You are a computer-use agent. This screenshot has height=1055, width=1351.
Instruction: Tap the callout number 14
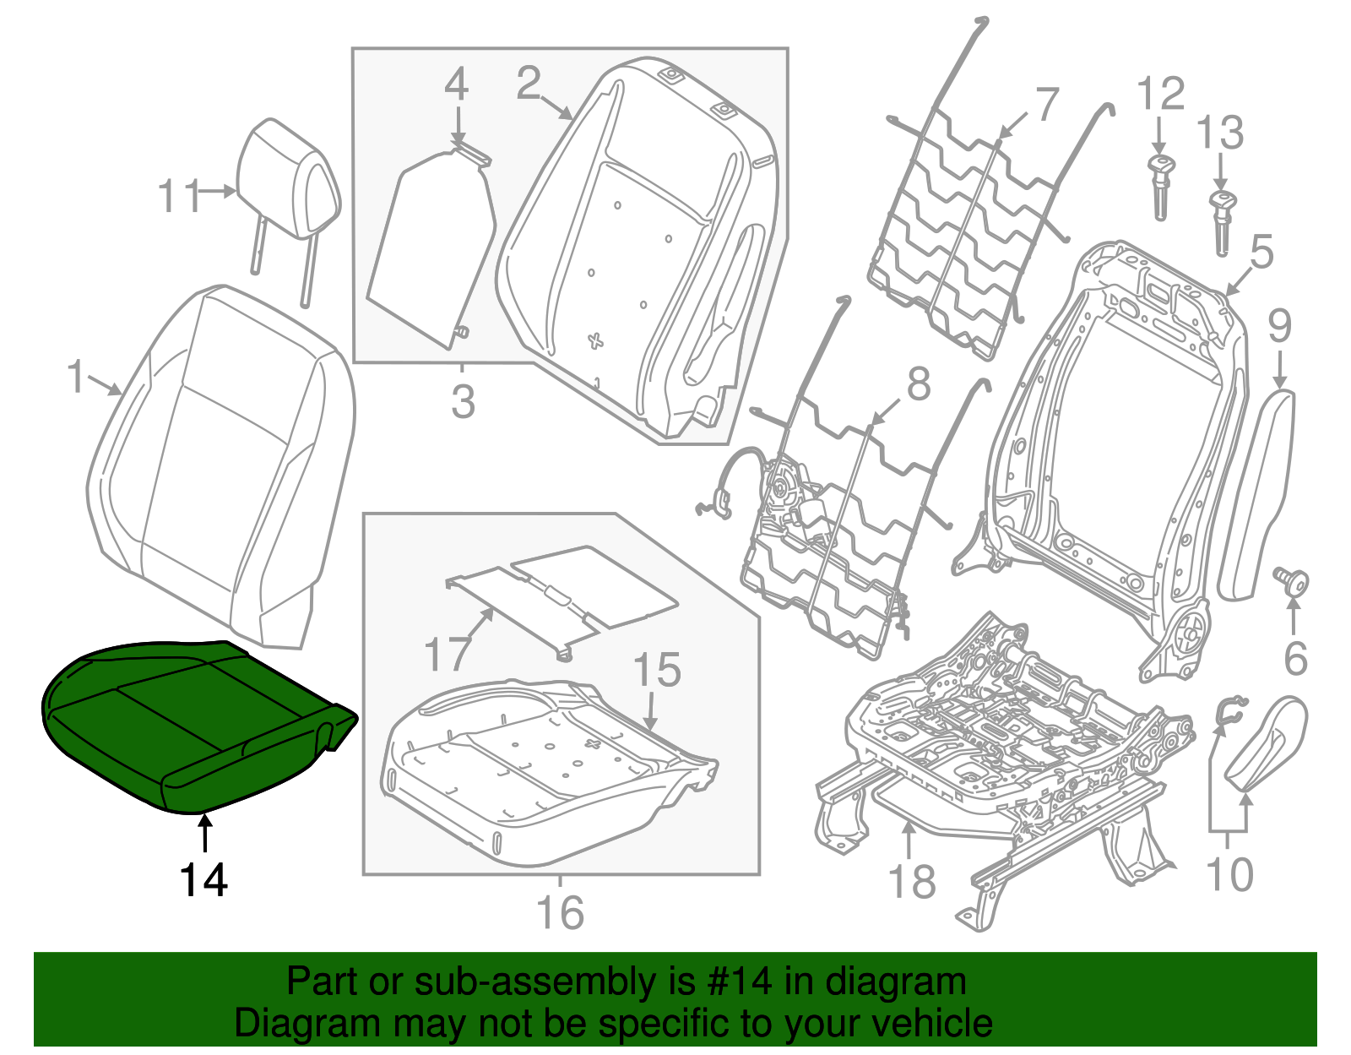[x=203, y=881]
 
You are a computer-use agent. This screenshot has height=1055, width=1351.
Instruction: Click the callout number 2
[x=529, y=84]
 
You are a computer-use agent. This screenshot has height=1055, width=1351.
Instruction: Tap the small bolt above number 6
[x=1292, y=582]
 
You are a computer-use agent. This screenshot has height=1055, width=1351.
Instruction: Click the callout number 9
[x=1279, y=325]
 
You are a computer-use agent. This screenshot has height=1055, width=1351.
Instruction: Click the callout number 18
[x=912, y=882]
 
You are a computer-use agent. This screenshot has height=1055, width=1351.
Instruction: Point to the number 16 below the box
[x=560, y=912]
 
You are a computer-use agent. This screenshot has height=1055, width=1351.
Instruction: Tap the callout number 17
[x=447, y=654]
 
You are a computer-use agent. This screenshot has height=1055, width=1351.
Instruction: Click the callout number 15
[x=656, y=671]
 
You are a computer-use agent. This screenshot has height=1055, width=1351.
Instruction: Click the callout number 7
[x=1046, y=106]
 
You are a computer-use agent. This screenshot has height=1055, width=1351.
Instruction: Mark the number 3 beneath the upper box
[x=463, y=402]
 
